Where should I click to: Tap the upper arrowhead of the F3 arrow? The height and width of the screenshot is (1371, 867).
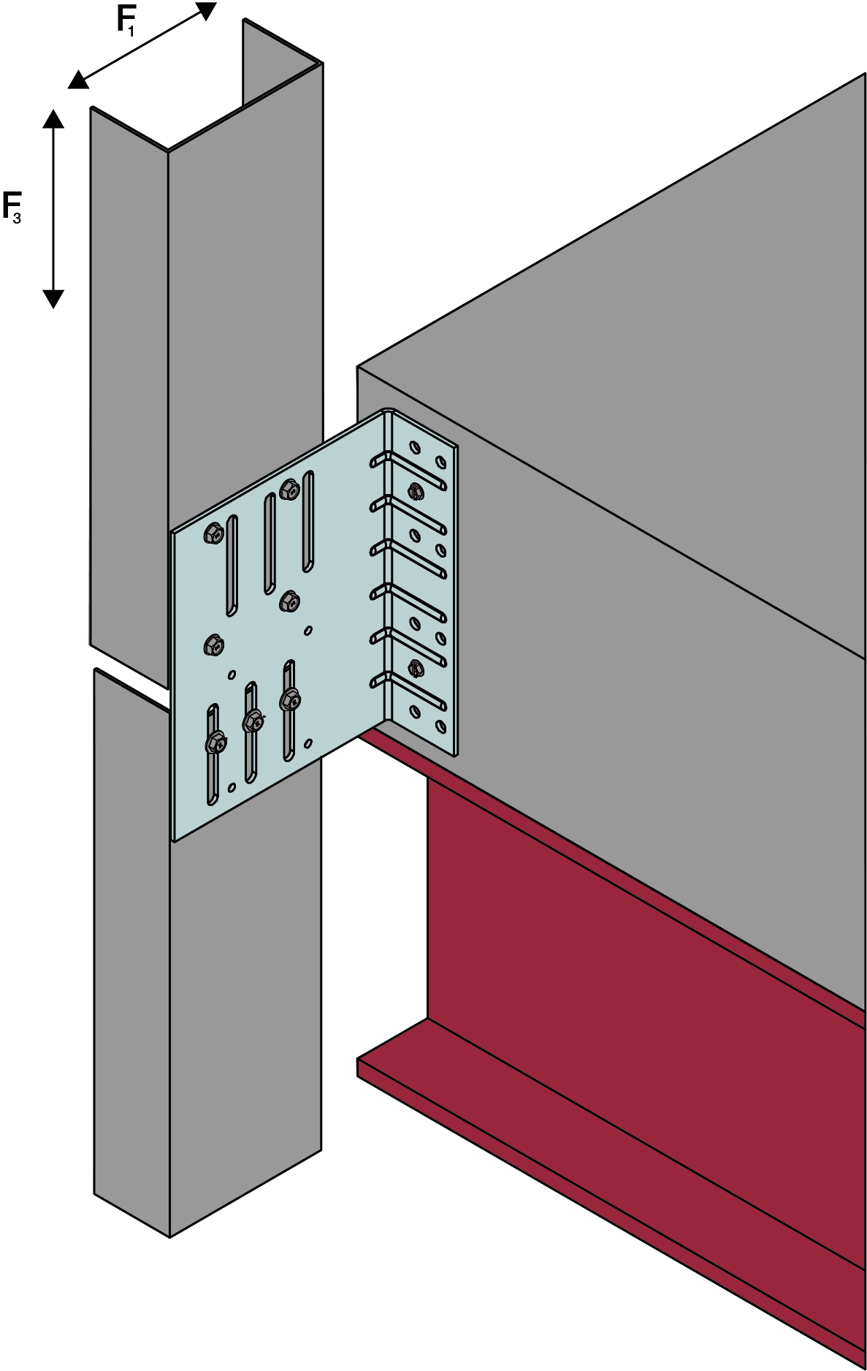53,118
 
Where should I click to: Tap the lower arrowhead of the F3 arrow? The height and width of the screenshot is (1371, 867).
53,299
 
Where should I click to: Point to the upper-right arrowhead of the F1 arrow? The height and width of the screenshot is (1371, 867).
206,10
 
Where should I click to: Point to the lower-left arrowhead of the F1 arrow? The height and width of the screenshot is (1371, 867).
79,80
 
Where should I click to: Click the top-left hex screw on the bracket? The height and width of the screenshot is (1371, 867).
213,533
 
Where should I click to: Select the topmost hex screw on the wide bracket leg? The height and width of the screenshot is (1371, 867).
289,489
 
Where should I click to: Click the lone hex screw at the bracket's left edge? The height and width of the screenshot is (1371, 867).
213,645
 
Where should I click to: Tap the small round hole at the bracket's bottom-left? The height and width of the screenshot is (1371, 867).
232,787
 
